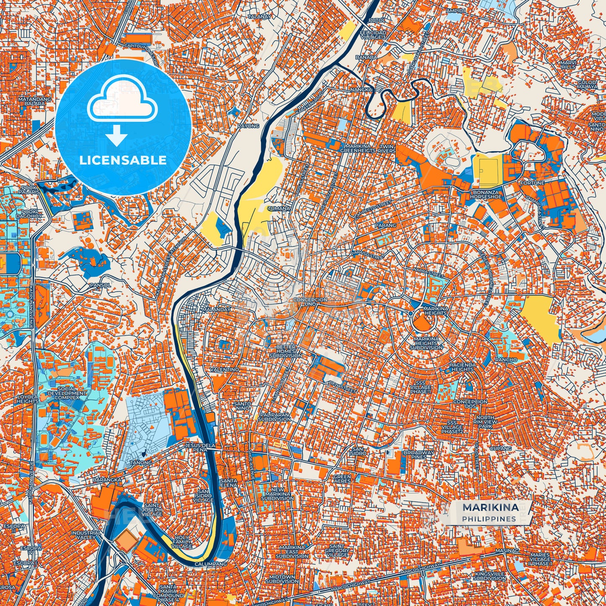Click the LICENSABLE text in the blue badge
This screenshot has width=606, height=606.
123,160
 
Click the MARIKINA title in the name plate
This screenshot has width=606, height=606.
490,507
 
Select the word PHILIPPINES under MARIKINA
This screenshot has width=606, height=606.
489,519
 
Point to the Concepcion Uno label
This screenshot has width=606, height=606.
310,302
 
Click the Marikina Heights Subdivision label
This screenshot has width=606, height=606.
426,343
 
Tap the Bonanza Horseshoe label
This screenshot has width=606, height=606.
486,194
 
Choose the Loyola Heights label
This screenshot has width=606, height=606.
28,398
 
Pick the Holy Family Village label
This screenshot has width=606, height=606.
182,542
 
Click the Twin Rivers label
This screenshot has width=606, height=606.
386,148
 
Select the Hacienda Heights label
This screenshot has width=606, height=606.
462,367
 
